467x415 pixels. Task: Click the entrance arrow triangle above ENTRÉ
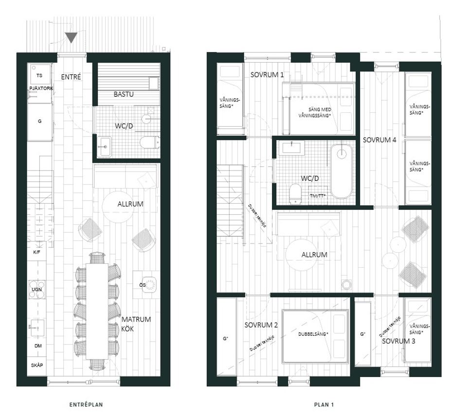(x=72, y=37)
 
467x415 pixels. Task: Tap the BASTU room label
(x=124, y=94)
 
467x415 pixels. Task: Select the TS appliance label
(x=39, y=76)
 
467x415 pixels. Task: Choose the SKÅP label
(x=37, y=365)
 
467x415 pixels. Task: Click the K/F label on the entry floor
(x=36, y=253)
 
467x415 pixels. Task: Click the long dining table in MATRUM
(x=97, y=311)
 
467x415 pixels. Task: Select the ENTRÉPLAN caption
(x=86, y=404)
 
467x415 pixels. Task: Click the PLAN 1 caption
(x=323, y=404)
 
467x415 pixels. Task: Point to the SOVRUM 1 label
(x=267, y=75)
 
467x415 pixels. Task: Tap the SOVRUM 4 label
(x=379, y=140)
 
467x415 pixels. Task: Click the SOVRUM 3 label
(x=398, y=341)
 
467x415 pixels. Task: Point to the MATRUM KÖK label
(x=136, y=324)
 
